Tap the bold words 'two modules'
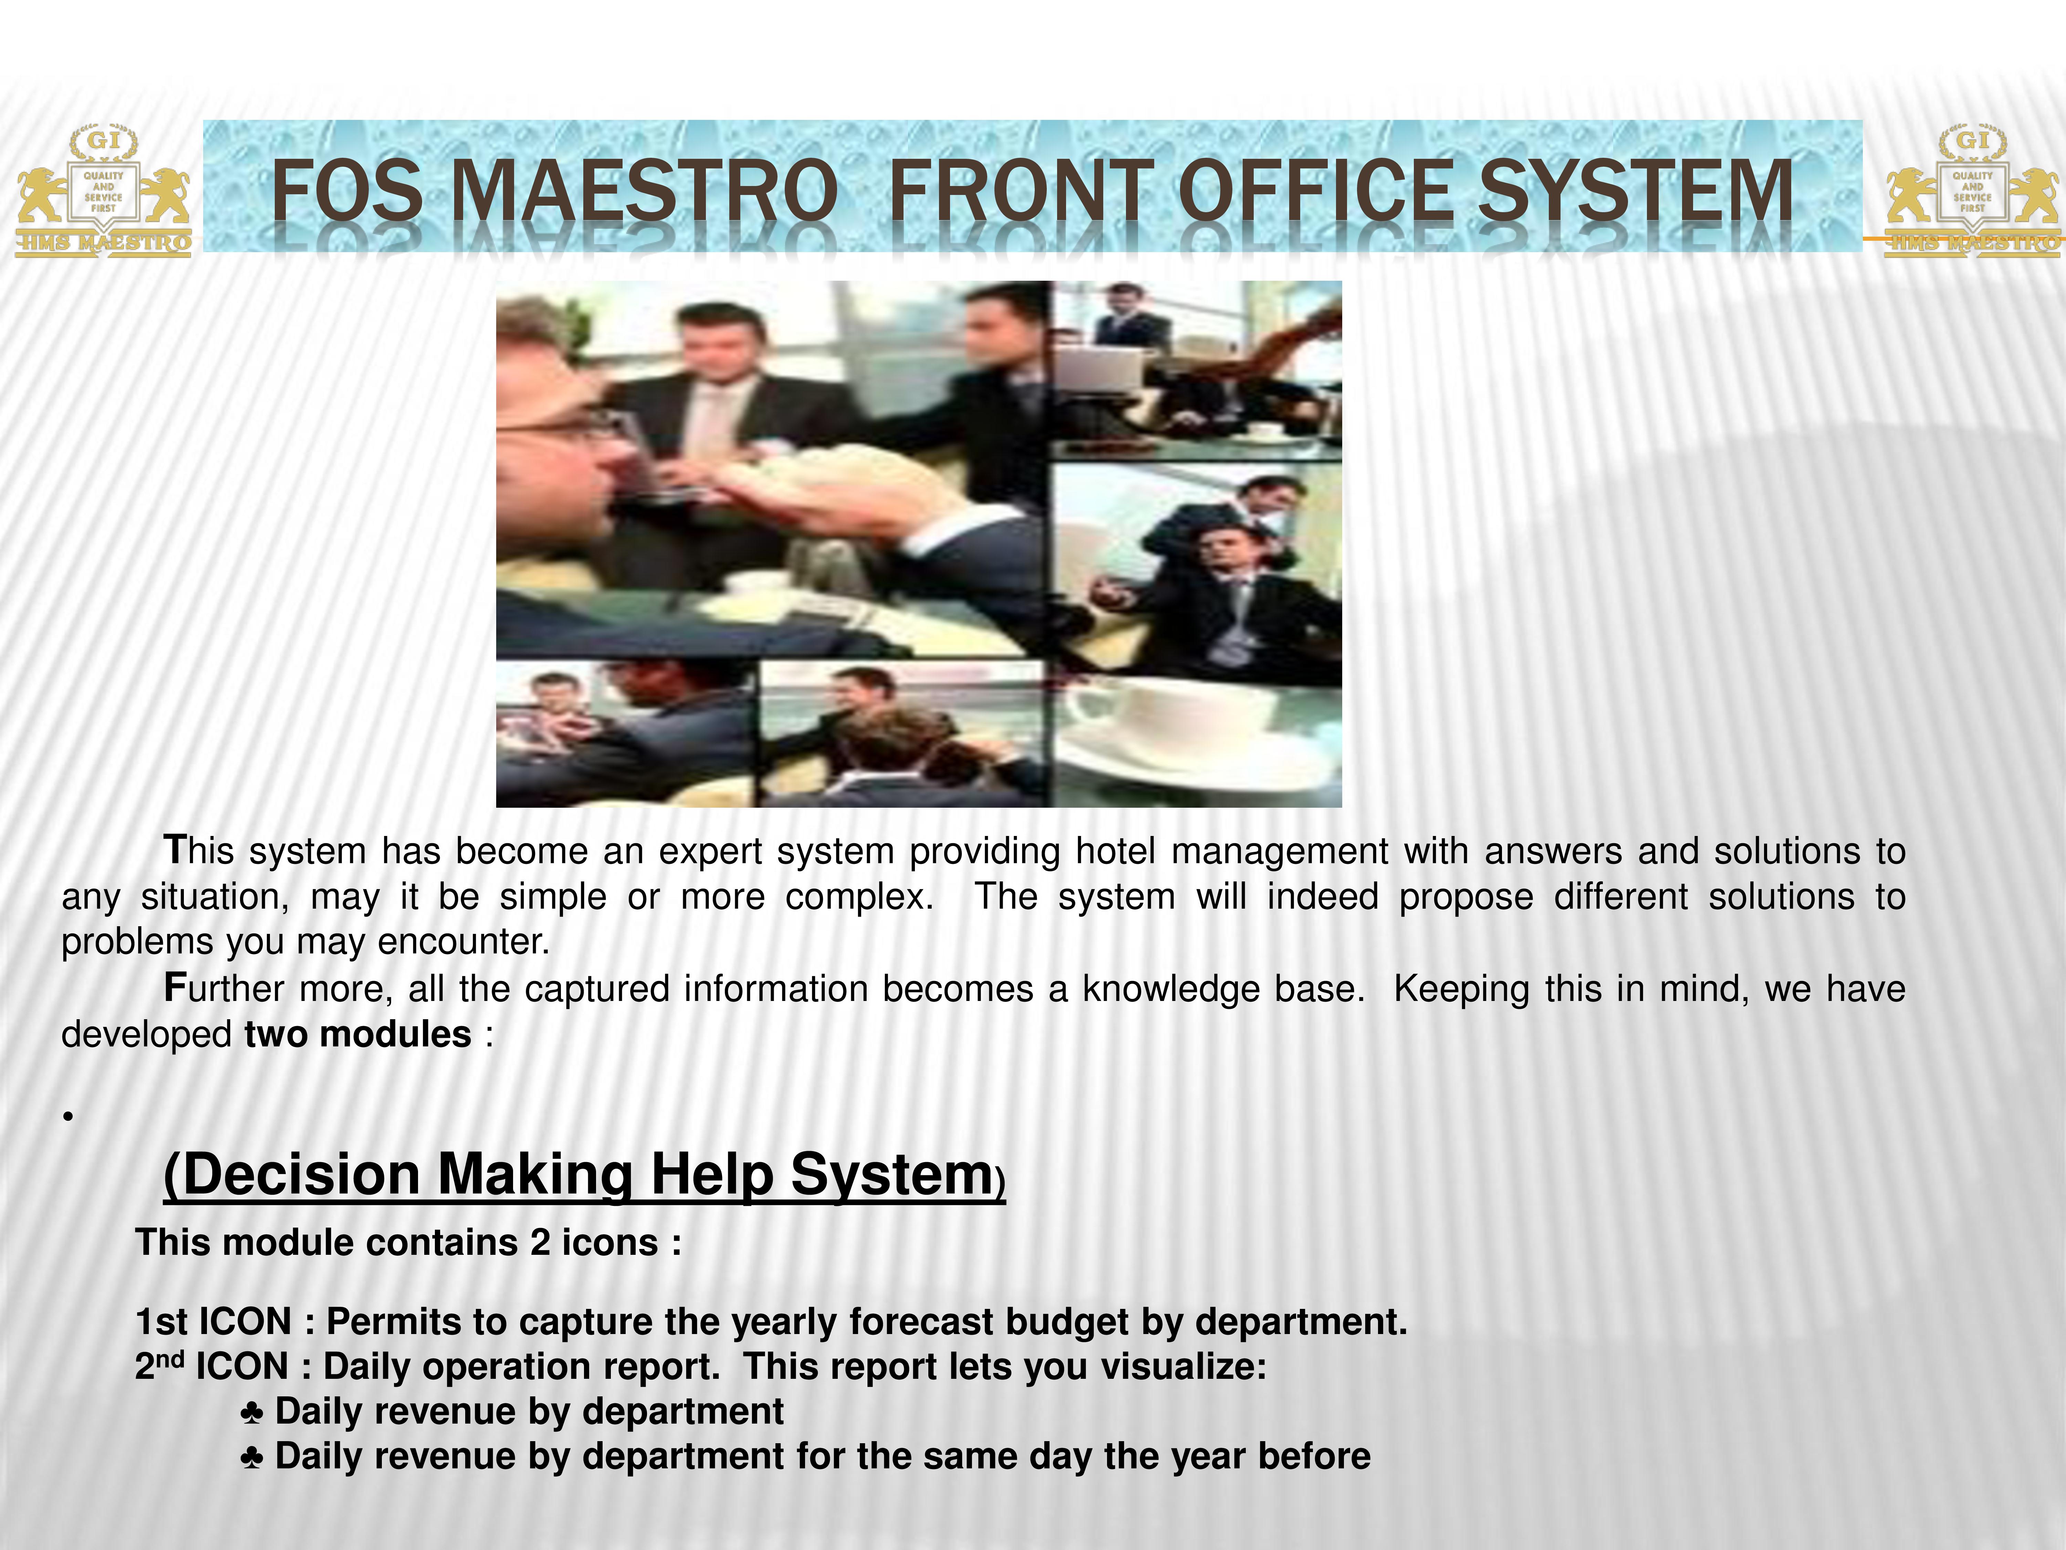pos(358,1034)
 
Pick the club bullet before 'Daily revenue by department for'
pos(251,1457)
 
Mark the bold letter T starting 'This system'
pos(175,850)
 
